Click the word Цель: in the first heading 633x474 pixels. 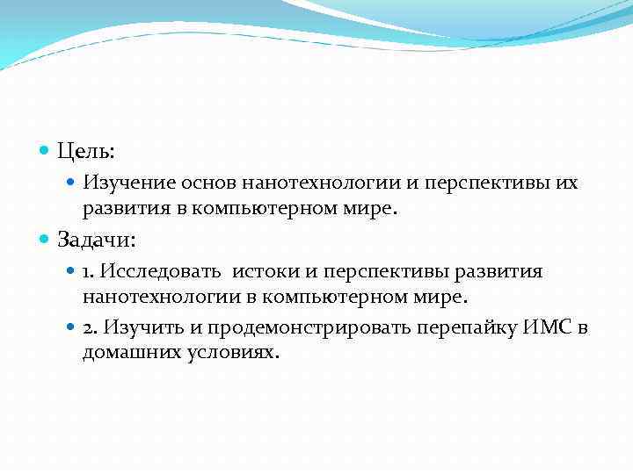click(86, 151)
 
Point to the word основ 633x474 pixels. click(209, 183)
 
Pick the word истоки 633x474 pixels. click(263, 271)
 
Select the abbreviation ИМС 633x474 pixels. click(550, 327)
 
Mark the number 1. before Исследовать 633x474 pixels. click(90, 271)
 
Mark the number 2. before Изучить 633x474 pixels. click(91, 327)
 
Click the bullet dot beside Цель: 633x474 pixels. click(46, 151)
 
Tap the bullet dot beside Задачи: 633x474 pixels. click(46, 239)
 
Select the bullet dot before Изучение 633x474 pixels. click(72, 183)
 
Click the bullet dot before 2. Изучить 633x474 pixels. click(72, 327)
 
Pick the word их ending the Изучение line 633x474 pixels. click(568, 183)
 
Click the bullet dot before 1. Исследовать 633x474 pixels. click(72, 271)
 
